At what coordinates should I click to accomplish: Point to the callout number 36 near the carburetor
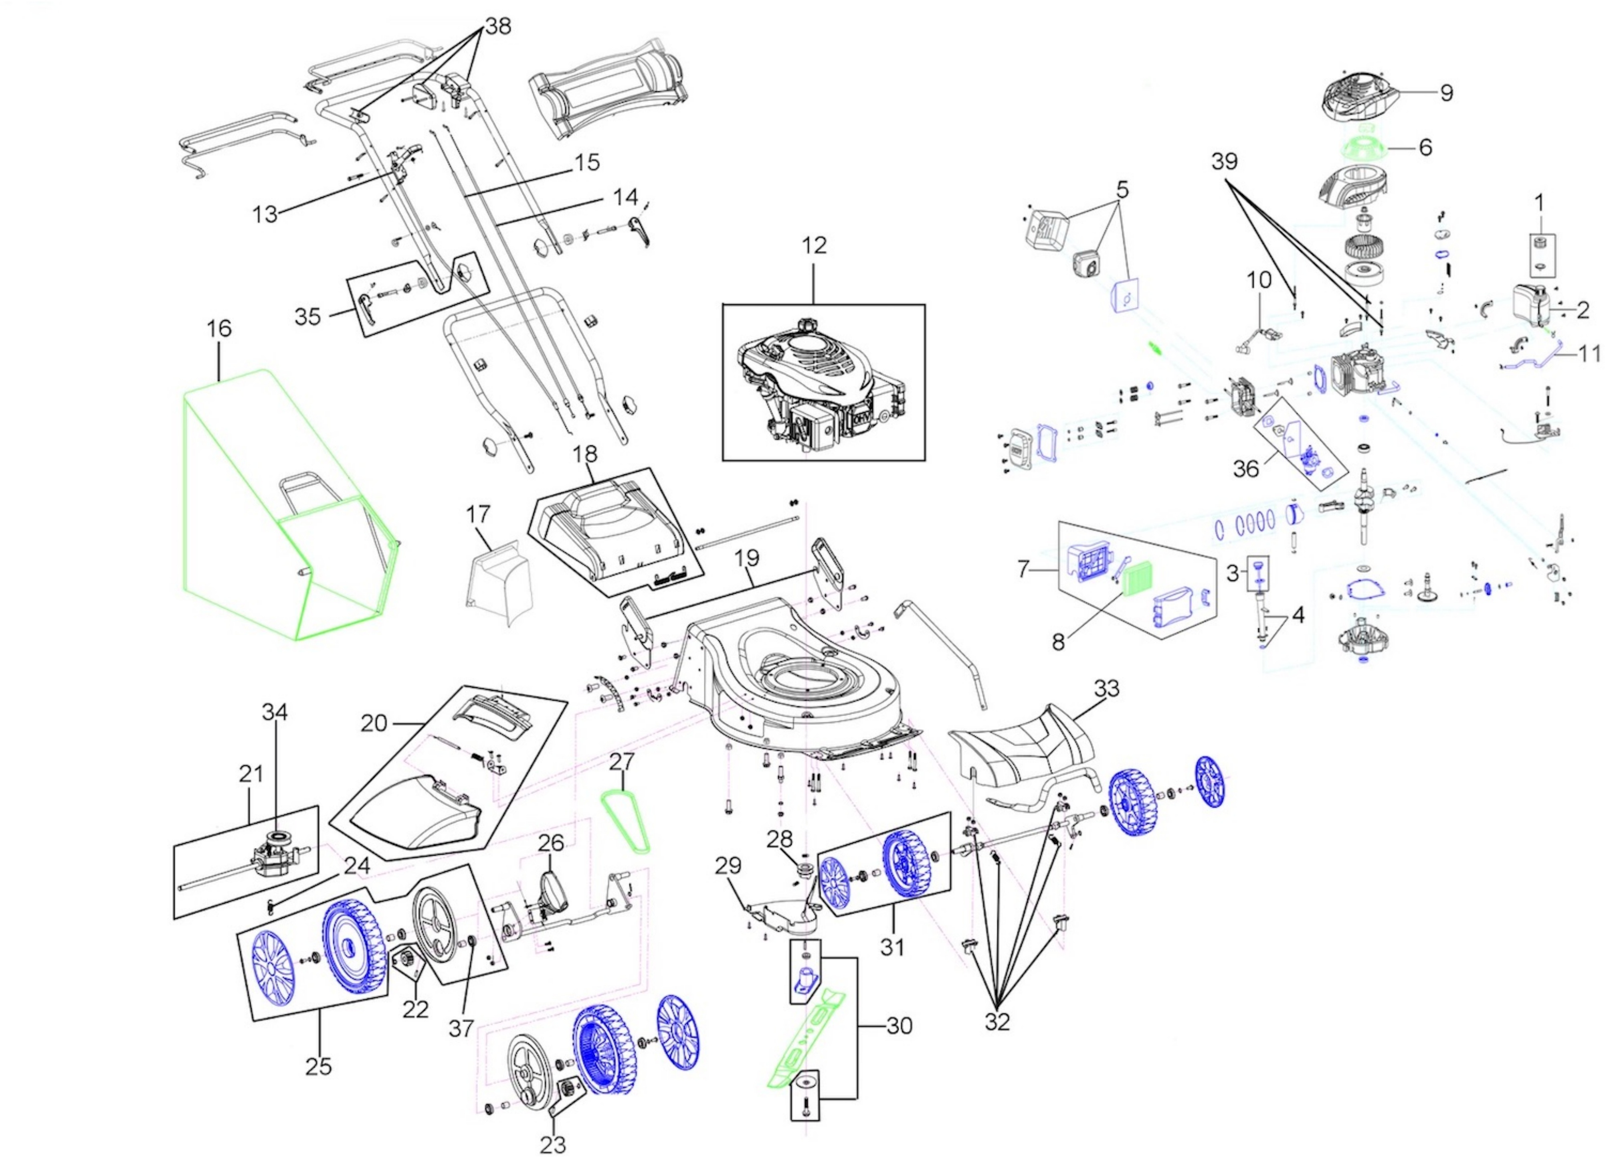pos(1246,468)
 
